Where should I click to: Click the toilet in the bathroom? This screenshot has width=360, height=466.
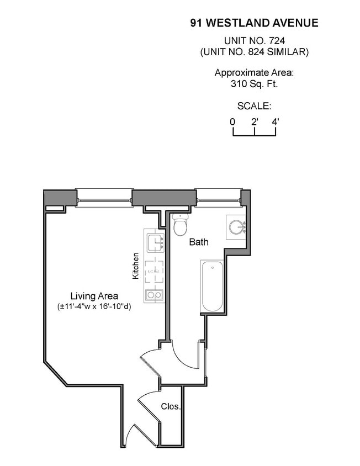tap(181, 224)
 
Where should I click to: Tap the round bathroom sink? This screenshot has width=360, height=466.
tap(237, 227)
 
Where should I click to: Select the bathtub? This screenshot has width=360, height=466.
tap(212, 286)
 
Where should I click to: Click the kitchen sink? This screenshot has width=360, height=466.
tap(156, 243)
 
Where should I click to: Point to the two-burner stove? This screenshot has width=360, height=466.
tap(154, 295)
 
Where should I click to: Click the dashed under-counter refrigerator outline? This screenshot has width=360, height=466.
tap(154, 272)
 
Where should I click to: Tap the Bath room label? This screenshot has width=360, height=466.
tap(199, 242)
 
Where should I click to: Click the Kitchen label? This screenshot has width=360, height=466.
tap(136, 266)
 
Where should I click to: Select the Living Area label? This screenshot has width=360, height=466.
tap(94, 296)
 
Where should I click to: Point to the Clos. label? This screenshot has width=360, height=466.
tap(171, 406)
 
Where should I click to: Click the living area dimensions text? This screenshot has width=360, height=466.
tap(94, 306)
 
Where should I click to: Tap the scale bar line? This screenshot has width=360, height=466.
tap(254, 136)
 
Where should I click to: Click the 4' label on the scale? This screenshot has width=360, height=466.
tap(276, 122)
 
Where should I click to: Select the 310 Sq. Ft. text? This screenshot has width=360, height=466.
tap(254, 84)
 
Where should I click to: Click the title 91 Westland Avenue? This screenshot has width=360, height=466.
tap(254, 23)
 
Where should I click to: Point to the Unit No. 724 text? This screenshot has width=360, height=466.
tap(254, 40)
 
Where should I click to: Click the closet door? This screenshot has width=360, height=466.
tap(149, 406)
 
